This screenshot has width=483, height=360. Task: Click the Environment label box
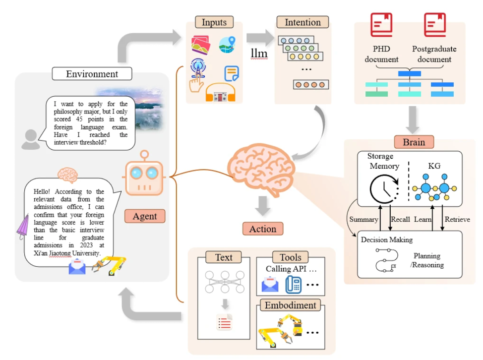92,74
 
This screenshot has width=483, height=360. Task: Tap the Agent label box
145,216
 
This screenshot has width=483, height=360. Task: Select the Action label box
263,229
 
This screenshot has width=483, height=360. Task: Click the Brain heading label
414,142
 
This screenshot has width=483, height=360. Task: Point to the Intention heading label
302,22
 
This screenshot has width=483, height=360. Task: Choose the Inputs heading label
214,22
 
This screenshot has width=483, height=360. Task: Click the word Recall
401,219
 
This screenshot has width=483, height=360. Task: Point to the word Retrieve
457,219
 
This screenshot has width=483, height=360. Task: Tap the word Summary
363,219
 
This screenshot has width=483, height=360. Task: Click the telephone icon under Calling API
293,284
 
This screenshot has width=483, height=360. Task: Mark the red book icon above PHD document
381,25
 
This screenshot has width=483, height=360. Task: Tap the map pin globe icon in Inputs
227,46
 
